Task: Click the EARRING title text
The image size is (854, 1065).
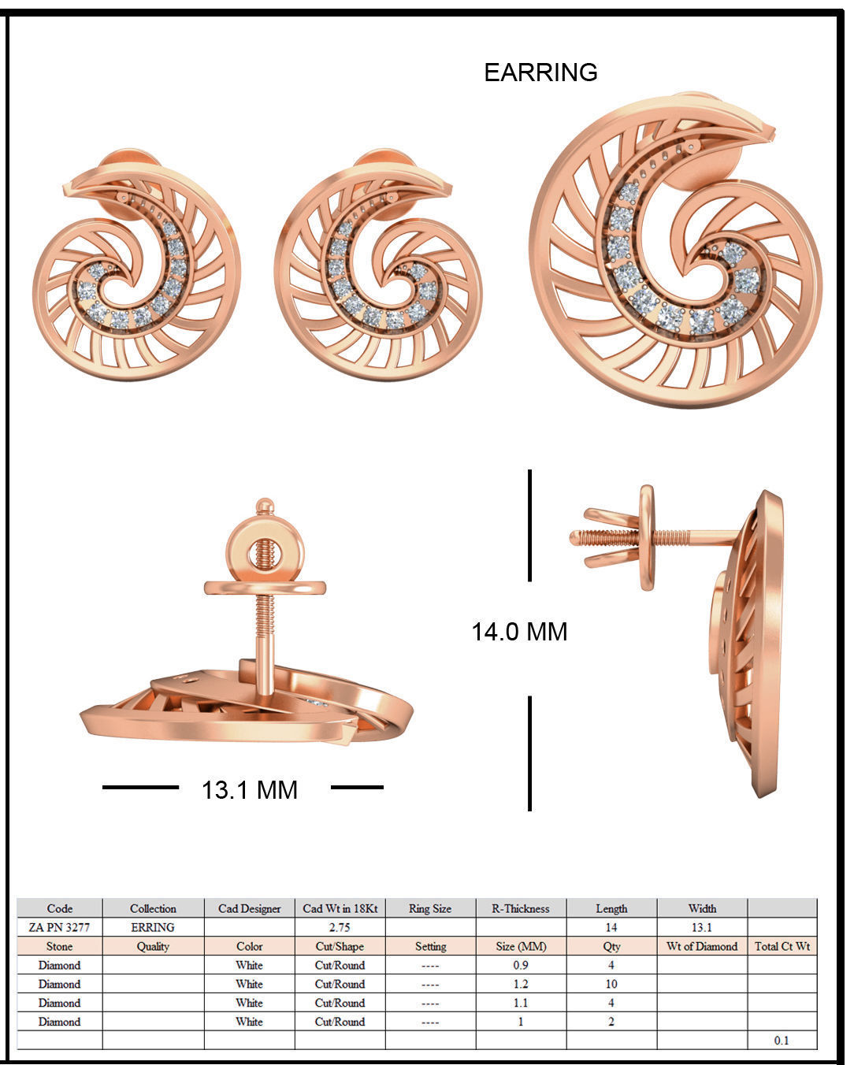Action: click(x=540, y=72)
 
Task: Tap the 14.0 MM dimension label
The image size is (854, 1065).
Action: click(x=519, y=632)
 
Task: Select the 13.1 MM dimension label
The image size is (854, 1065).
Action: click(x=250, y=789)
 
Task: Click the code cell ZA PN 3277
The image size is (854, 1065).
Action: click(x=59, y=927)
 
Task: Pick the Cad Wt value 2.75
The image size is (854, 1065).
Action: click(x=340, y=927)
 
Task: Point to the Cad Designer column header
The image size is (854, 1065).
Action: click(x=249, y=908)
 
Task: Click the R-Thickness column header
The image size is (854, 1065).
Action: click(x=520, y=908)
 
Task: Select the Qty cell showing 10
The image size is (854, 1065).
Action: click(x=611, y=984)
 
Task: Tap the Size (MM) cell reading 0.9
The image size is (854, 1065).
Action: click(x=520, y=965)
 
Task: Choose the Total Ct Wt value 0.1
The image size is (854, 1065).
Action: click(x=781, y=1041)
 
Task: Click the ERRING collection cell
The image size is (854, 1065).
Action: click(x=153, y=927)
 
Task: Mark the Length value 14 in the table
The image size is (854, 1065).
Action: click(x=611, y=927)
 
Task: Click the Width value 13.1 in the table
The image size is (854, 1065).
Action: click(x=701, y=927)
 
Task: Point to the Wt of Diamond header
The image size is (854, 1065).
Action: click(x=701, y=946)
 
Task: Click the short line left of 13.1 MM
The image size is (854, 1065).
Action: click(x=140, y=787)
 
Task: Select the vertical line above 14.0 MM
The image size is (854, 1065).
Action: click(x=529, y=525)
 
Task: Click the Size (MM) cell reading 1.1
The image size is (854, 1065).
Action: click(x=520, y=1003)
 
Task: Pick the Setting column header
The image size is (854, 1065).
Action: click(x=430, y=946)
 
